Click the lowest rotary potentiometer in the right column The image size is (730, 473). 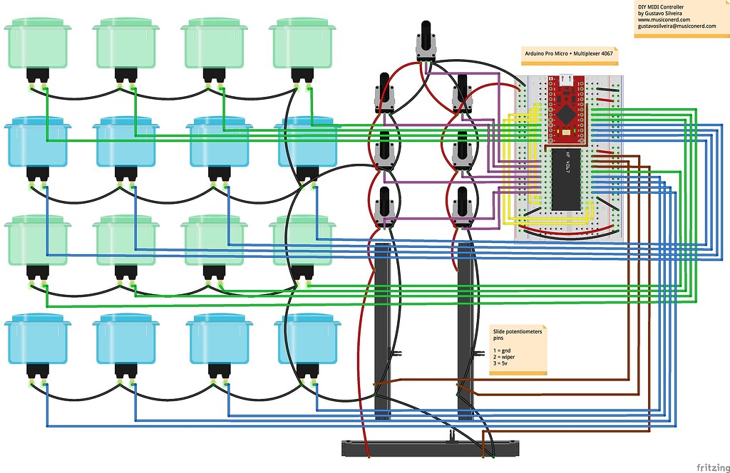click(x=463, y=207)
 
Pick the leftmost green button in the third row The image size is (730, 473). click(x=37, y=242)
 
